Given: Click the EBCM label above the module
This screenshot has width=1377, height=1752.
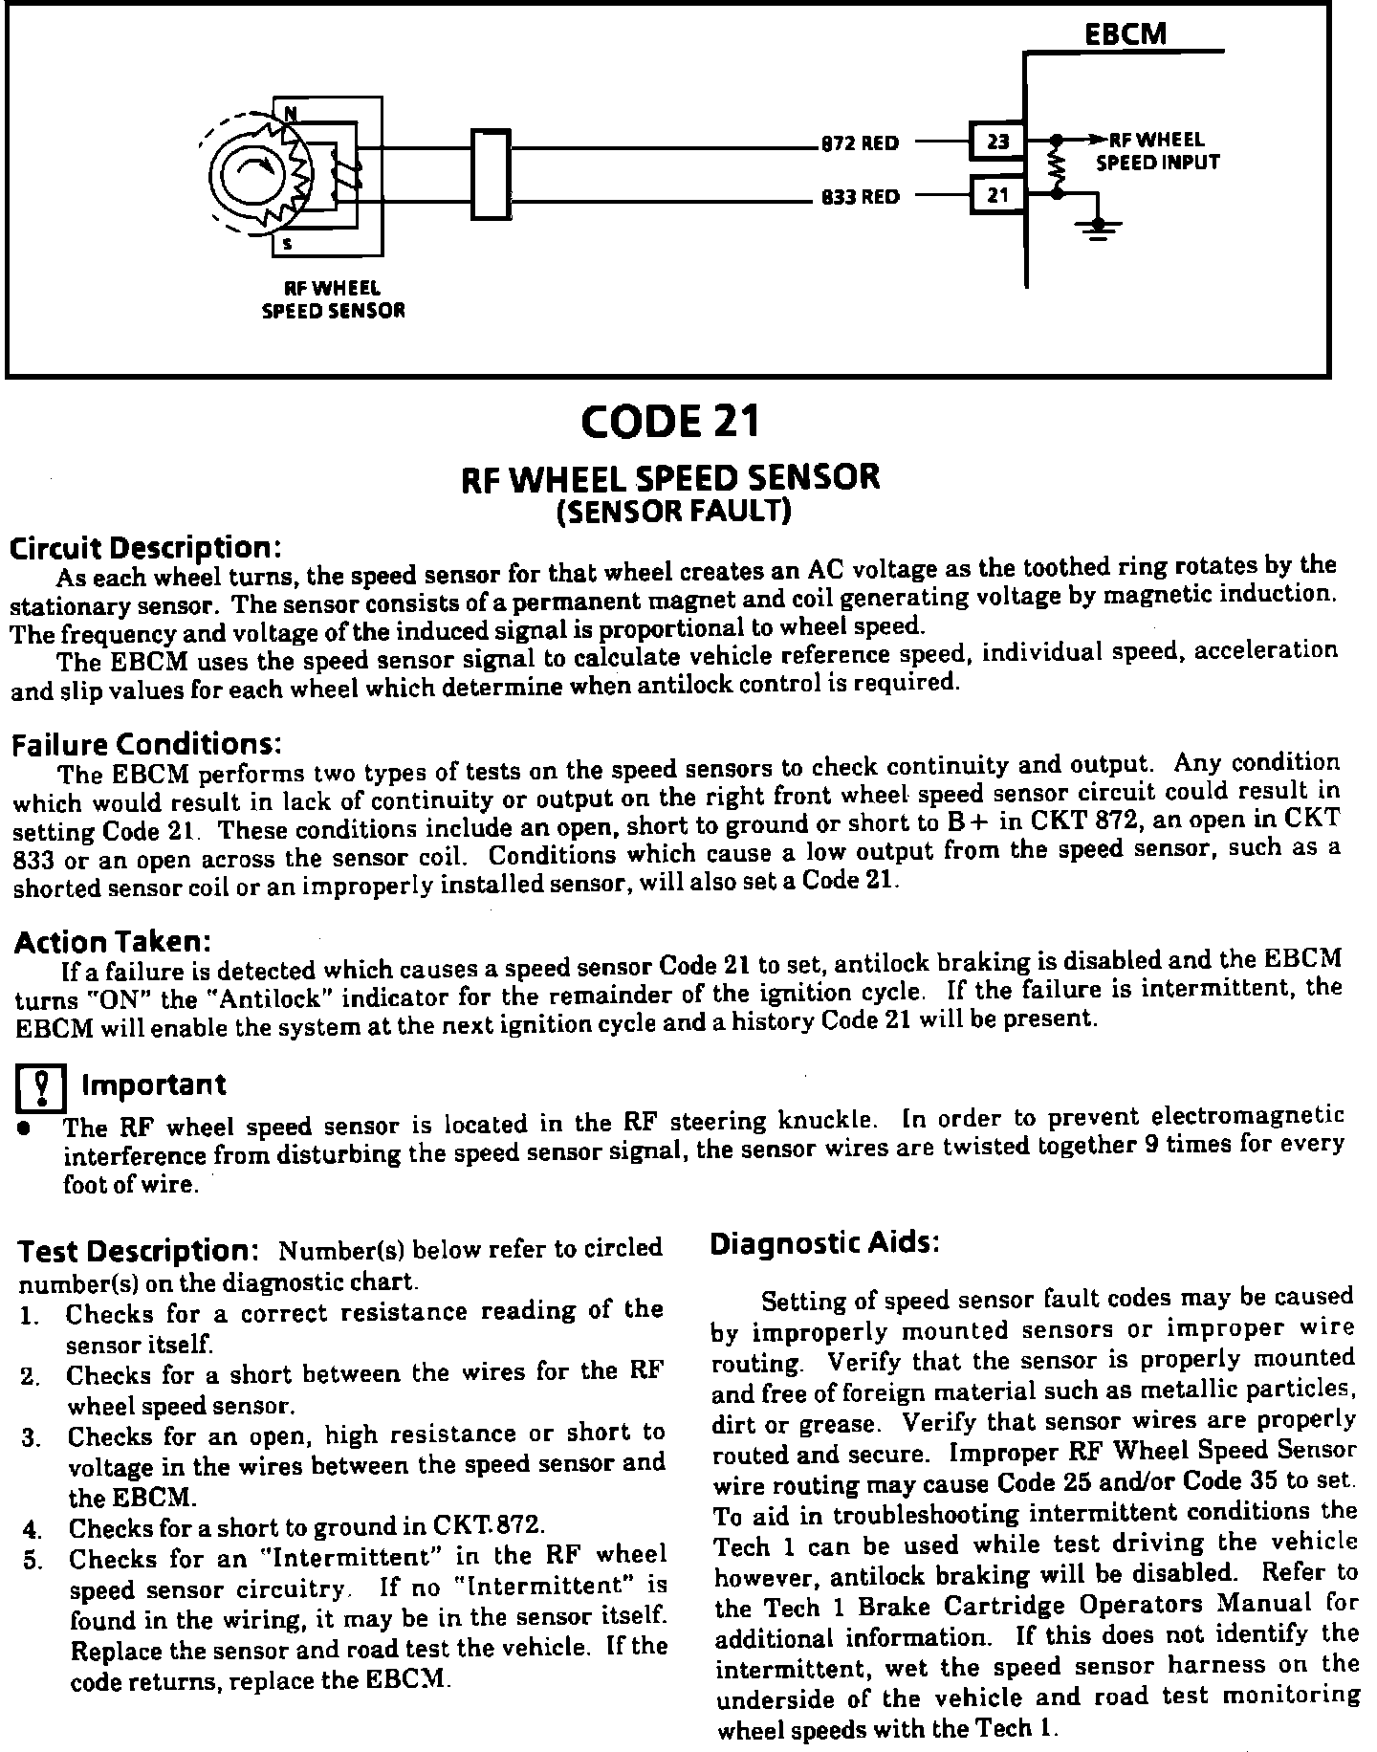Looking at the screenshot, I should (x=1126, y=33).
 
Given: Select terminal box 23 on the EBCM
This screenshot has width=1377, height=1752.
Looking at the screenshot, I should (x=997, y=142).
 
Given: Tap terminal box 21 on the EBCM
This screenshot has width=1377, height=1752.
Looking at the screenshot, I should (x=997, y=195).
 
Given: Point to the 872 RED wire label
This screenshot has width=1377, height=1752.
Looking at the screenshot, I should (x=861, y=144).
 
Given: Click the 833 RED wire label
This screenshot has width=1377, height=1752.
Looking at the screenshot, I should (x=861, y=198).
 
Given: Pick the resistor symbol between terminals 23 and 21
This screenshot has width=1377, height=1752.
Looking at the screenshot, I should (x=1057, y=166).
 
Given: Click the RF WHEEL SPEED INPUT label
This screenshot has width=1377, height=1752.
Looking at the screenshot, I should (x=1157, y=151).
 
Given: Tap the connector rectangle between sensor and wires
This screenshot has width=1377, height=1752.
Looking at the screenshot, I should (x=491, y=173).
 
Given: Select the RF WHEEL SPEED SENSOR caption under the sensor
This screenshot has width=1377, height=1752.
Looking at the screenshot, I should (x=333, y=298).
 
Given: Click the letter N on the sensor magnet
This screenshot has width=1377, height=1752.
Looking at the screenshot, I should (x=289, y=114).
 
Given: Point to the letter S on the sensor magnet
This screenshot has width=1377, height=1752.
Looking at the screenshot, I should (x=287, y=244).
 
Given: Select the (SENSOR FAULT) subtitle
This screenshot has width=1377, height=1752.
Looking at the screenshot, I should (x=673, y=513).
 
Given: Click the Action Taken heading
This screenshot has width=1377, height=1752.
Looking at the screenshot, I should (x=112, y=942).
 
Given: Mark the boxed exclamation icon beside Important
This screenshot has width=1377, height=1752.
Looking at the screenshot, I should (x=42, y=1088).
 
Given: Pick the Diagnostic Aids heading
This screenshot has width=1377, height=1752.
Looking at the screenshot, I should (x=825, y=1243).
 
